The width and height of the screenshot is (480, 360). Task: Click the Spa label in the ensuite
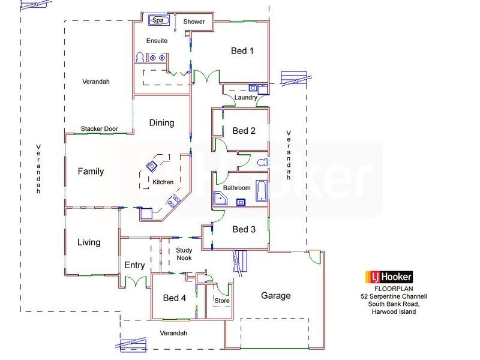158,20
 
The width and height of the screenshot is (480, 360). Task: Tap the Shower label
194,22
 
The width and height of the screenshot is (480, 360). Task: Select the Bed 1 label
242,51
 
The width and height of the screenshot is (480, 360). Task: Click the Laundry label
246,97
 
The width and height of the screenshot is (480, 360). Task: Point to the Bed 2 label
244,131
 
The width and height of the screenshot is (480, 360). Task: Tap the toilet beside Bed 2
261,163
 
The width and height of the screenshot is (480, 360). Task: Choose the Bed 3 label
244,229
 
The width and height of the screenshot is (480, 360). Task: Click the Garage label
275,295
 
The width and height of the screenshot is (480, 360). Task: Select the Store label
222,301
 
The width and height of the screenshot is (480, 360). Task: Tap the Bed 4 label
175,298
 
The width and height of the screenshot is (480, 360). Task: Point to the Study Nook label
184,254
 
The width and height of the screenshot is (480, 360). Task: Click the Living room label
89,243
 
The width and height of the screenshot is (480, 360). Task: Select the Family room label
91,172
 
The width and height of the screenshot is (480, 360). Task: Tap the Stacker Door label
99,129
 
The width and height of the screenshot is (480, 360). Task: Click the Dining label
161,123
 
